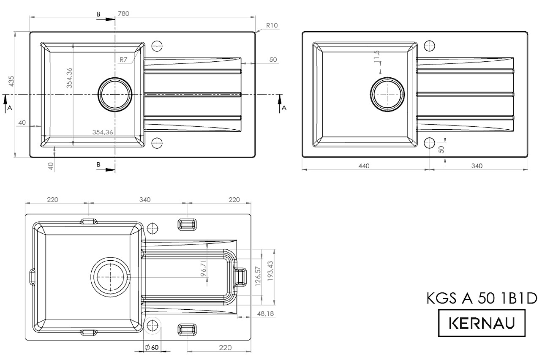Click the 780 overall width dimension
[124, 14]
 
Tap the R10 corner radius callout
[272, 25]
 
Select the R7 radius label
[123, 60]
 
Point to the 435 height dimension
[11, 81]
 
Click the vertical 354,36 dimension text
[69, 78]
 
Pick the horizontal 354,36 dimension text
[103, 132]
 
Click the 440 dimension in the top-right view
[364, 166]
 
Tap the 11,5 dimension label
[376, 56]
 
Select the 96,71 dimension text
[203, 268]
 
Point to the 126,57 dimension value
[258, 276]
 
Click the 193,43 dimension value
[270, 271]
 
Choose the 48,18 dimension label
[265, 314]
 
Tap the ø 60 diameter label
[151, 347]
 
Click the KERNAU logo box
[482, 323]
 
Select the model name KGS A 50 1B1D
[482, 298]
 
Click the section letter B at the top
[98, 14]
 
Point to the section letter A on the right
[284, 108]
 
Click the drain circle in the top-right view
[387, 95]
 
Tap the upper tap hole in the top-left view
[157, 46]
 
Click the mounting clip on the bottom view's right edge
[241, 277]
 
